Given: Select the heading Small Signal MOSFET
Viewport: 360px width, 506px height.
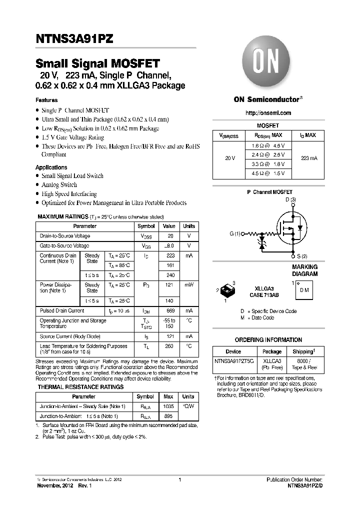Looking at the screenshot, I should pos(97,63).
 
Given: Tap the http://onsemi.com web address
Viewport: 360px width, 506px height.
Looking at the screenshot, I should pos(268,113).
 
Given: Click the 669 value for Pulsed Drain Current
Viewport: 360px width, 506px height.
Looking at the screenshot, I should pos(170,310).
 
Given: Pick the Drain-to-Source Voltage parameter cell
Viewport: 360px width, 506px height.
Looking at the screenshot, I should pos(65,236).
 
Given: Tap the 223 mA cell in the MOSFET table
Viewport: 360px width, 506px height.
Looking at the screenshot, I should pos(309,158).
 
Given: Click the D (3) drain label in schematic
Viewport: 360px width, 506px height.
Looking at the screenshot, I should pos(290,200).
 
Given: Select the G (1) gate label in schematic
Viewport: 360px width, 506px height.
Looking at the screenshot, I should pos(234,233).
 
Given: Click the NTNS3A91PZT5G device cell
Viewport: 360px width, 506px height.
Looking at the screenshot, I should pos(233,360).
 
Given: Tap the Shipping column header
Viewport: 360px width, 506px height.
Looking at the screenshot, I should pos(303,351).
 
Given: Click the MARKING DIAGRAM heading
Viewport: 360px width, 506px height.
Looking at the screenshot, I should pos(304,270).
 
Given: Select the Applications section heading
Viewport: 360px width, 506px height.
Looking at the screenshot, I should pos(51,167).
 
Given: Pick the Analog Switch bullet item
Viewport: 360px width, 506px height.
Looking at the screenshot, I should pos(59,185).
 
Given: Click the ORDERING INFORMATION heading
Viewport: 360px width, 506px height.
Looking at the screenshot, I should pos(268,339).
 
